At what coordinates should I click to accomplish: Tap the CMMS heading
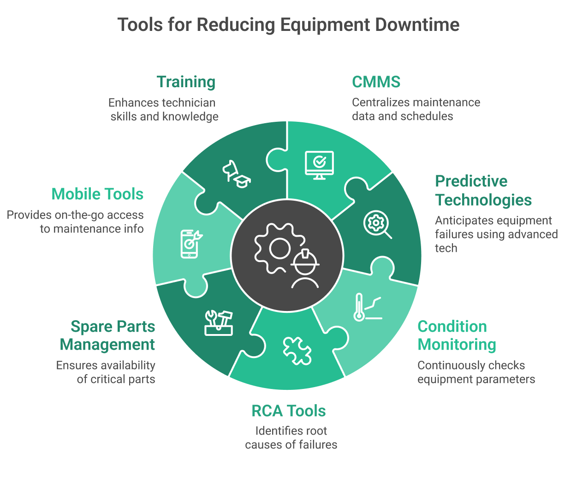tap(376, 82)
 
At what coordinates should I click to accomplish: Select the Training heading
tap(186, 82)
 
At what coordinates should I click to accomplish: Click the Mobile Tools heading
tap(98, 194)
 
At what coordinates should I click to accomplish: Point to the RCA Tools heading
tap(289, 411)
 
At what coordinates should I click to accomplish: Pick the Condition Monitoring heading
tap(457, 335)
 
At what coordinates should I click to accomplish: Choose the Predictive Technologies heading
tap(483, 191)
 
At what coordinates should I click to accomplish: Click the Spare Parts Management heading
tap(108, 335)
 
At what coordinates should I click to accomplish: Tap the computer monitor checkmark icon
tap(319, 164)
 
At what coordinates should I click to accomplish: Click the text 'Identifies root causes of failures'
tap(291, 438)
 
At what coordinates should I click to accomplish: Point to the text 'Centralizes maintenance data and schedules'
tap(416, 109)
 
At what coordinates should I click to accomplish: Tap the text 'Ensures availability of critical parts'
tap(106, 372)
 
